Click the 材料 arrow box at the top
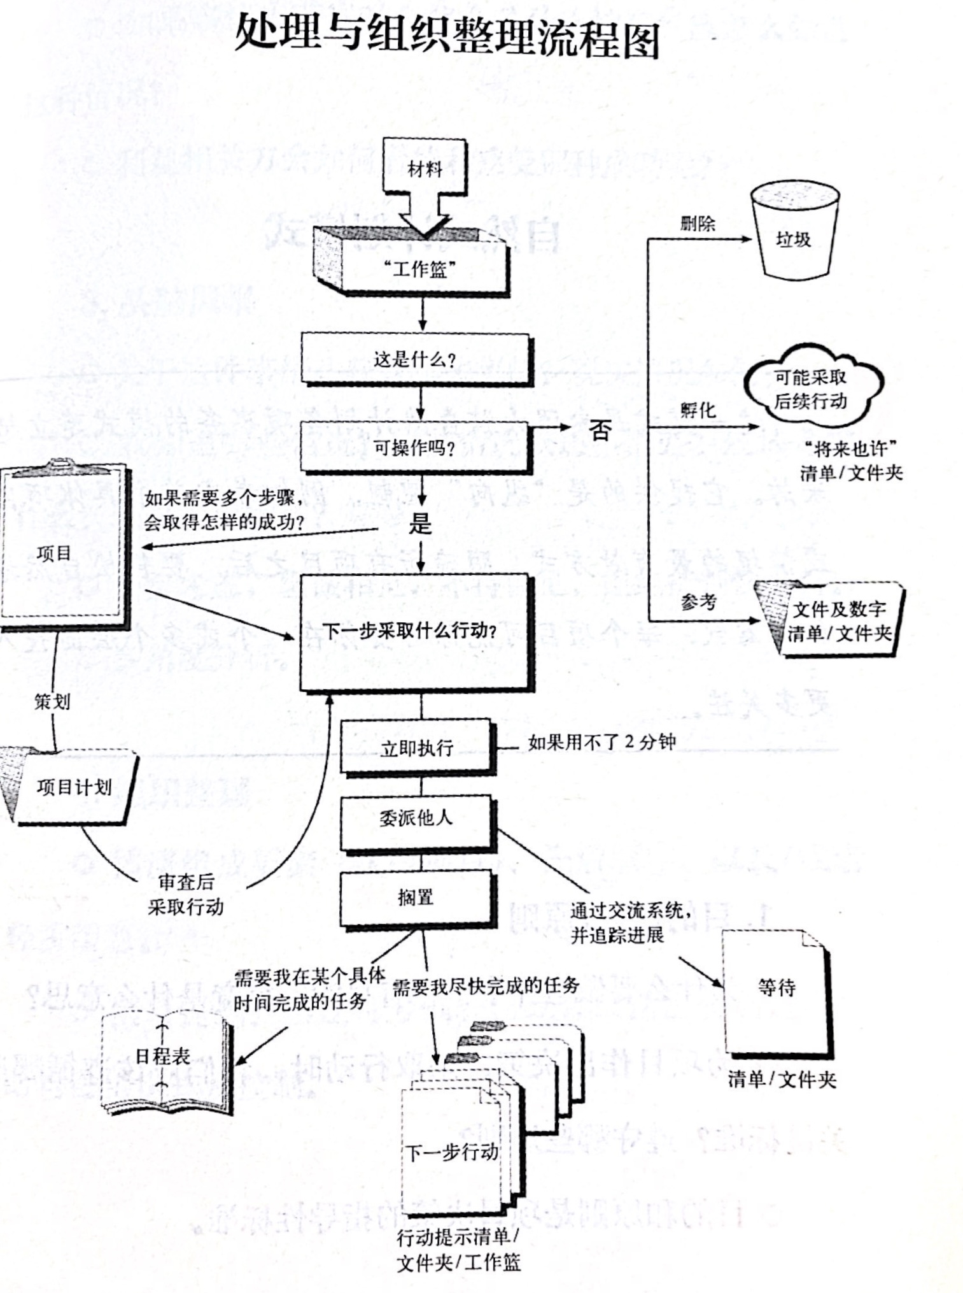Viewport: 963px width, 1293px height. [x=424, y=169]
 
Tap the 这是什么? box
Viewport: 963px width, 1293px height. [x=416, y=360]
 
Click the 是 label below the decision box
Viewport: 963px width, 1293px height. [x=420, y=524]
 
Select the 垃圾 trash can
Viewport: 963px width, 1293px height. [x=793, y=234]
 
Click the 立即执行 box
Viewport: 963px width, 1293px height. [x=416, y=747]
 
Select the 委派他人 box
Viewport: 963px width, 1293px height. [x=416, y=818]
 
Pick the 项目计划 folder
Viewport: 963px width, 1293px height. [x=73, y=787]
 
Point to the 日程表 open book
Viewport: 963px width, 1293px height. [x=164, y=1056]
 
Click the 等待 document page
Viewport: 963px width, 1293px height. [x=777, y=989]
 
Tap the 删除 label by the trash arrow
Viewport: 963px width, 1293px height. [x=697, y=223]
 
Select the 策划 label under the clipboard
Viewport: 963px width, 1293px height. [x=52, y=702]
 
